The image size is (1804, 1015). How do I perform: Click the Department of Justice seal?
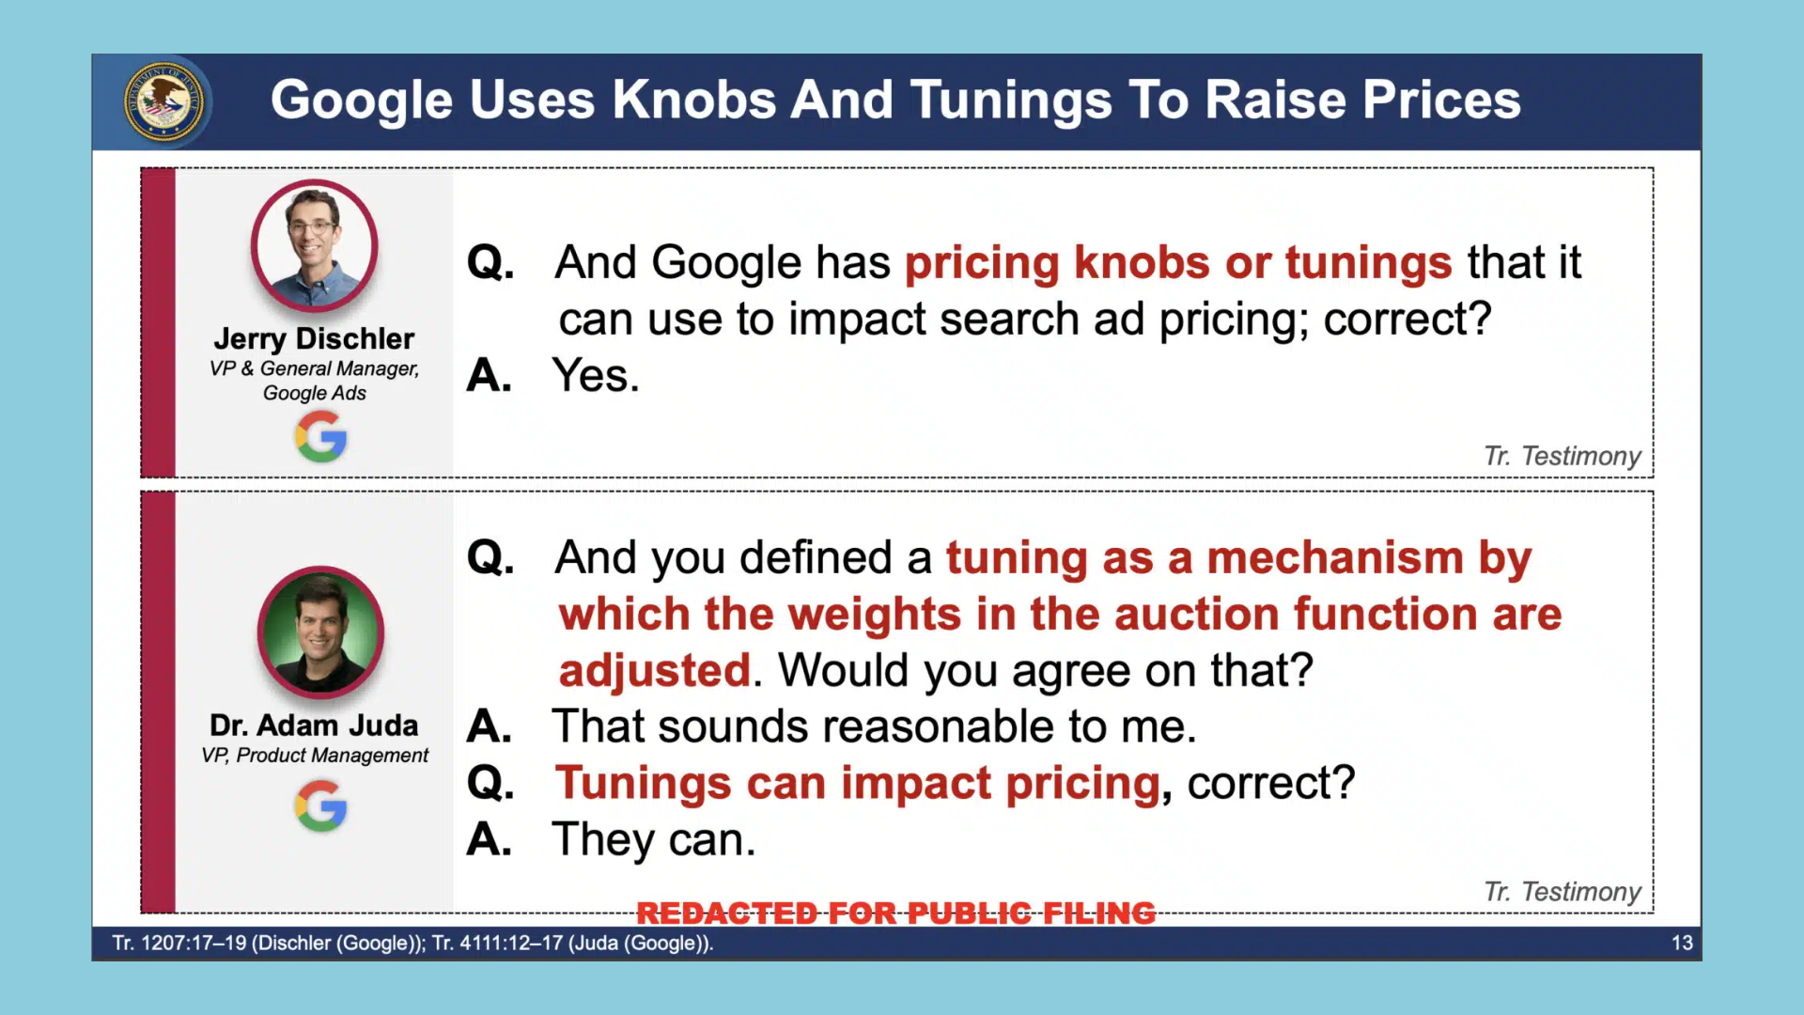point(163,101)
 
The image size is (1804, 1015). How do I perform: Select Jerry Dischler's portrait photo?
point(314,245)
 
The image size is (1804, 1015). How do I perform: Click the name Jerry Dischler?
point(314,338)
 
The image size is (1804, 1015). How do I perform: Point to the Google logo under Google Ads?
point(320,437)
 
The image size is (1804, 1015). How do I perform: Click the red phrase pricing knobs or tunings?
point(1178,262)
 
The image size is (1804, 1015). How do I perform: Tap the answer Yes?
point(596,375)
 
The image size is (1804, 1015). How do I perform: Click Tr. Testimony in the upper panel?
point(1562,456)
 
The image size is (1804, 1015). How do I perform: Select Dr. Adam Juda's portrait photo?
point(320,632)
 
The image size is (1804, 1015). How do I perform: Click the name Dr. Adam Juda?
point(314,726)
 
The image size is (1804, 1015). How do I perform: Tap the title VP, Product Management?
point(314,756)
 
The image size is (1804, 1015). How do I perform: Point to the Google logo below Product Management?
point(320,806)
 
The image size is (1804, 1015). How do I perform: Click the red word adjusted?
point(655,671)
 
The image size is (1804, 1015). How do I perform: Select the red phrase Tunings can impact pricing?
point(858,784)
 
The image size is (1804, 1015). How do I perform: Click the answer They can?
point(654,839)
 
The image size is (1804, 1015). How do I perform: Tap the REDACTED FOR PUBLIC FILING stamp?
point(895,913)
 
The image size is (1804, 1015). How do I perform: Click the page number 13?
point(1682,943)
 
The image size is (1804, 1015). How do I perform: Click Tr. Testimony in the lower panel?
point(1562,891)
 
